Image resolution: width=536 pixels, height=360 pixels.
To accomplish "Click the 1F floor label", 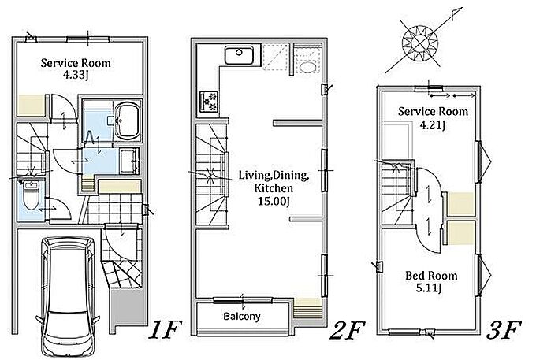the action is pyautogui.click(x=165, y=329).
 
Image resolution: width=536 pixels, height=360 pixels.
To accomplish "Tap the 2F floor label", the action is pyautogui.click(x=348, y=329).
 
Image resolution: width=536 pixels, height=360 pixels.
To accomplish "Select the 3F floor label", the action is pyautogui.click(x=504, y=329).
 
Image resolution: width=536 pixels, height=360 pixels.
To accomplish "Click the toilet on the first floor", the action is pyautogui.click(x=31, y=195).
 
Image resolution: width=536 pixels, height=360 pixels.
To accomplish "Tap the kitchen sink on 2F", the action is pyautogui.click(x=239, y=54).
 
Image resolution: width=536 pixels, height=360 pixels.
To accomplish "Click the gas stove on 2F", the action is pyautogui.click(x=208, y=102).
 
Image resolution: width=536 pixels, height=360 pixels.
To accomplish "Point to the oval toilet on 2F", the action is pyautogui.click(x=307, y=67).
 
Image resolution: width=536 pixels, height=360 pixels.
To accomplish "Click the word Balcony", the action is pyautogui.click(x=242, y=317).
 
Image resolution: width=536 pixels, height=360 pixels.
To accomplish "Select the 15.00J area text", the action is pyautogui.click(x=274, y=201).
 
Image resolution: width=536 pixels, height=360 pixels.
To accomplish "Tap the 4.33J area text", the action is pyautogui.click(x=76, y=75).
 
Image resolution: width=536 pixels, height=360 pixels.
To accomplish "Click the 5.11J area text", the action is pyautogui.click(x=429, y=288).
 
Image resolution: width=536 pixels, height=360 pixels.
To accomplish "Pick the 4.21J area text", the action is pyautogui.click(x=433, y=125).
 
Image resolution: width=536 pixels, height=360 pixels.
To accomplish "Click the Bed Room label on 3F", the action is pyautogui.click(x=431, y=275).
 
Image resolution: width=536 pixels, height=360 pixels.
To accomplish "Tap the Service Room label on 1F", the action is pyautogui.click(x=76, y=63).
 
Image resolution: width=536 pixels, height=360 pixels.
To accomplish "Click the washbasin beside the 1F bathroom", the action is pyautogui.click(x=129, y=161).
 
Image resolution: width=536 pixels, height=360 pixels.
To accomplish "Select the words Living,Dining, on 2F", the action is pyautogui.click(x=274, y=175).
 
